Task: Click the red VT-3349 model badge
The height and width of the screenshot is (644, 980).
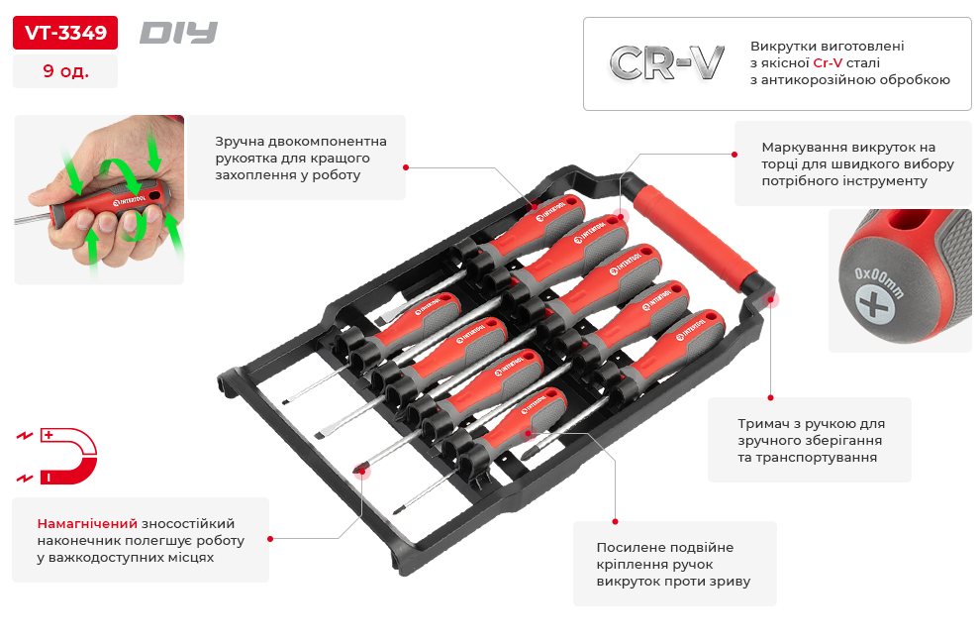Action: coord(65,33)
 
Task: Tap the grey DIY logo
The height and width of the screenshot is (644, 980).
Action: coord(179,33)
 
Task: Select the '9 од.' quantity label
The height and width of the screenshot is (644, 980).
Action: coord(65,70)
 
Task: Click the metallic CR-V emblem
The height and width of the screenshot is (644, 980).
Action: coord(667,62)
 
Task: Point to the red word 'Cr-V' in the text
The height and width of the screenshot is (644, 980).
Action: coord(828,62)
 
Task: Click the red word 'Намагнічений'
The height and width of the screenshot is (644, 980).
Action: coord(87,523)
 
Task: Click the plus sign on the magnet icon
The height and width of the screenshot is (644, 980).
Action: coord(49,435)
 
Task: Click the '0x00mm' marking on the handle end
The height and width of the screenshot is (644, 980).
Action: coord(879,283)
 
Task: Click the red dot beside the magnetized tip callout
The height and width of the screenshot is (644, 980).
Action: coord(270,538)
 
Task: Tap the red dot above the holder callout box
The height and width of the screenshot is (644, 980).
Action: coord(770,397)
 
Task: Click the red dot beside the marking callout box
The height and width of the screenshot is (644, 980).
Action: coord(735,154)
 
